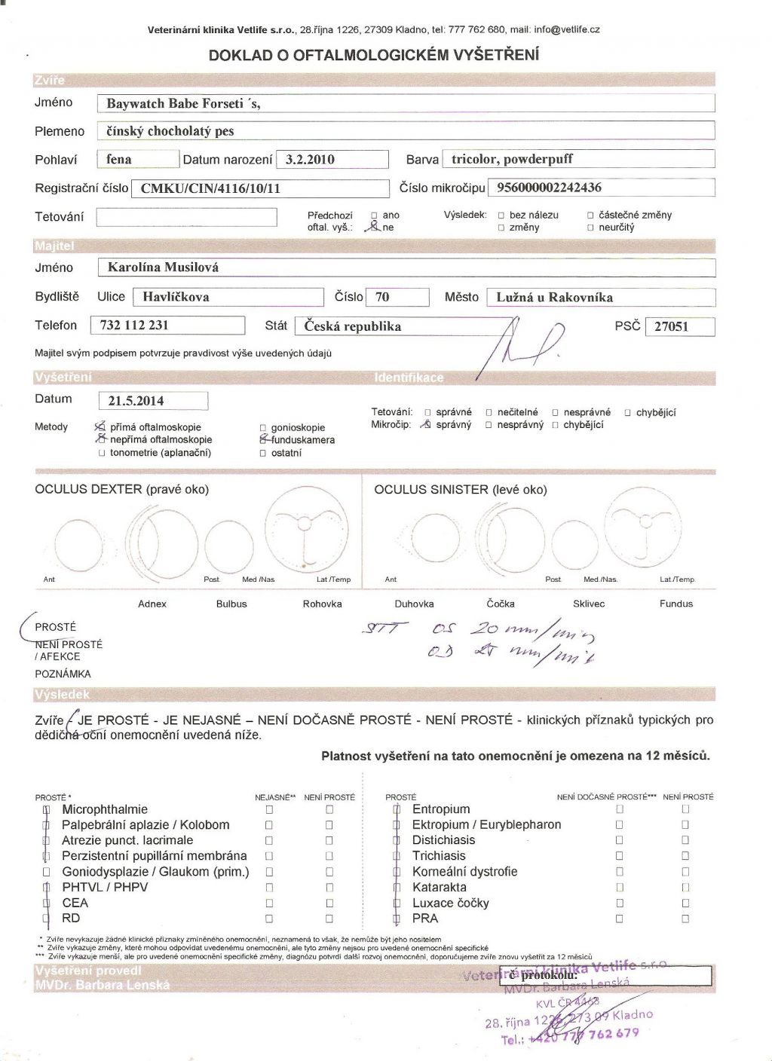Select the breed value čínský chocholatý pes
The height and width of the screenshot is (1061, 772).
click(170, 131)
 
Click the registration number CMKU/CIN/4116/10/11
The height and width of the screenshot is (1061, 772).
click(210, 188)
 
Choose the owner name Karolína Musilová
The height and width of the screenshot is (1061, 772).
click(163, 268)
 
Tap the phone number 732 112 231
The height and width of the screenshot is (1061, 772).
click(134, 326)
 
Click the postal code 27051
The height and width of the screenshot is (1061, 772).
click(671, 327)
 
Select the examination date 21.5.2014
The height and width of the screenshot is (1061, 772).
click(136, 401)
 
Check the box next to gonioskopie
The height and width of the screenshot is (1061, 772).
click(262, 428)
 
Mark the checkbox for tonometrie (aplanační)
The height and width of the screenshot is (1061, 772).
click(101, 454)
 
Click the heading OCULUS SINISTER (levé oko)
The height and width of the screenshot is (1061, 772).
click(460, 490)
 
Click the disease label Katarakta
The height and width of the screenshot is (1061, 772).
click(440, 888)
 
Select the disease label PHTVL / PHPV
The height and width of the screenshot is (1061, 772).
click(105, 888)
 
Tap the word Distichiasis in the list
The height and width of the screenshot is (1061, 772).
click(443, 840)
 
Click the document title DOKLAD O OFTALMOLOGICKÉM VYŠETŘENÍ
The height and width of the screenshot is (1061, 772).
click(374, 55)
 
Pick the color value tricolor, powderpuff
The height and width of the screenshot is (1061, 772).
click(512, 159)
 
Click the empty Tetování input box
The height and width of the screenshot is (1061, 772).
click(187, 217)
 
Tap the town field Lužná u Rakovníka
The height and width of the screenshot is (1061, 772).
click(554, 297)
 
